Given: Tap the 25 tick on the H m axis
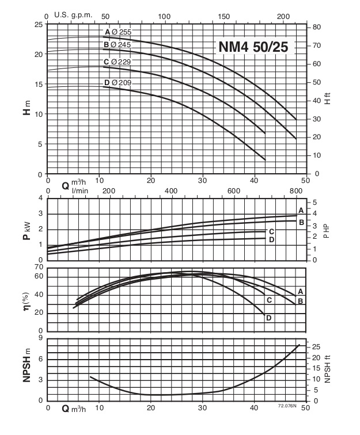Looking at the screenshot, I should click(38, 24).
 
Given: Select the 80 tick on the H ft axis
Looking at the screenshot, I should click(316, 27).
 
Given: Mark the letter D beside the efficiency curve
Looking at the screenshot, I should click(268, 317).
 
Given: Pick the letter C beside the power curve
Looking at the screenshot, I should click(271, 231).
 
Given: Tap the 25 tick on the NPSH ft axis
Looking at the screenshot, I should click(316, 347).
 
